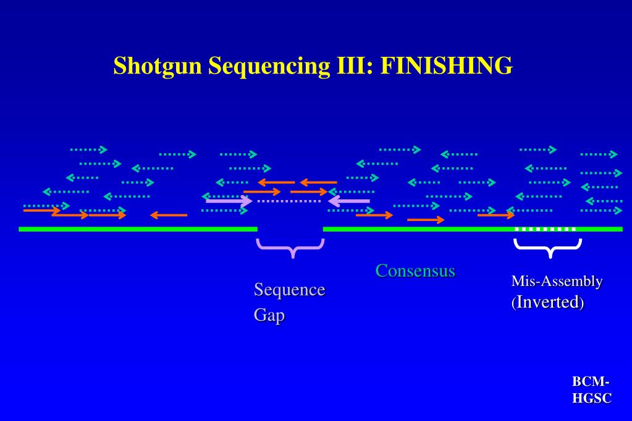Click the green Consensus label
pyautogui.click(x=415, y=270)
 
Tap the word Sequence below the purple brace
pyautogui.click(x=290, y=290)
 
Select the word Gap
pyautogui.click(x=269, y=315)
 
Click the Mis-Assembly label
pyautogui.click(x=557, y=281)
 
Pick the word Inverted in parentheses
pyautogui.click(x=549, y=302)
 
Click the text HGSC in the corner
pyautogui.click(x=592, y=399)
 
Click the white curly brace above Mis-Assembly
pyautogui.click(x=548, y=248)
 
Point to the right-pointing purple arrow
pyautogui.click(x=229, y=200)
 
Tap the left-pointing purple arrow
pyautogui.click(x=349, y=200)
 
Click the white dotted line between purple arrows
pyautogui.click(x=289, y=201)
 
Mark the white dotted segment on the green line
pyautogui.click(x=546, y=229)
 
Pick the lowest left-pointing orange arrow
pyautogui.click(x=169, y=215)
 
